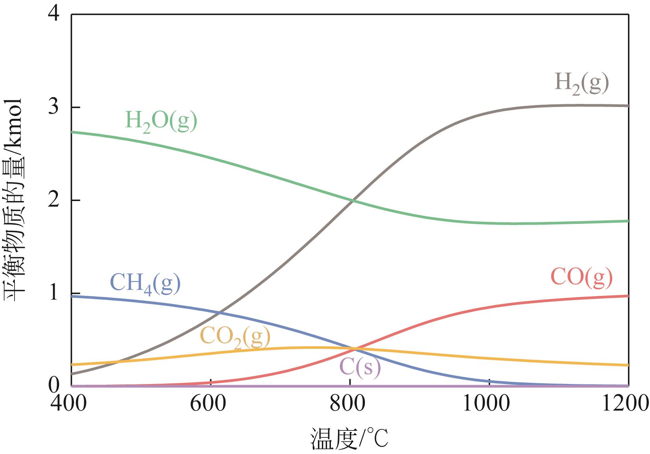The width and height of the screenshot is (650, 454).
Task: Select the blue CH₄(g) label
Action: [x=145, y=283]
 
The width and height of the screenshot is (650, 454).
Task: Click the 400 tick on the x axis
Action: [x=71, y=404]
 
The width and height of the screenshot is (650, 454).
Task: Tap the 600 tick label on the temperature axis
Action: [x=211, y=404]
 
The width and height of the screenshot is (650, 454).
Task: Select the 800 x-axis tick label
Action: [x=350, y=404]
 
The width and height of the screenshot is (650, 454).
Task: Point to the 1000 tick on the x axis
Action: [x=489, y=404]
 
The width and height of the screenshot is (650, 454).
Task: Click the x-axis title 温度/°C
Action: [x=350, y=439]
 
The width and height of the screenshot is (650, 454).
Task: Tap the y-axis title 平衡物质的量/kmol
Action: [x=15, y=200]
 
